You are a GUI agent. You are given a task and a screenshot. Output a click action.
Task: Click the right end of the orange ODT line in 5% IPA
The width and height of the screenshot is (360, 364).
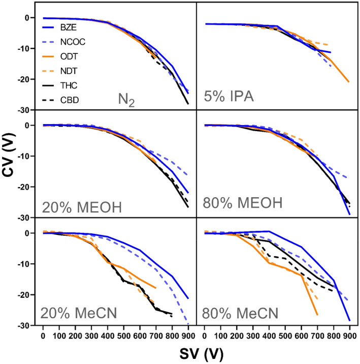pyautogui.click(x=349, y=81)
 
